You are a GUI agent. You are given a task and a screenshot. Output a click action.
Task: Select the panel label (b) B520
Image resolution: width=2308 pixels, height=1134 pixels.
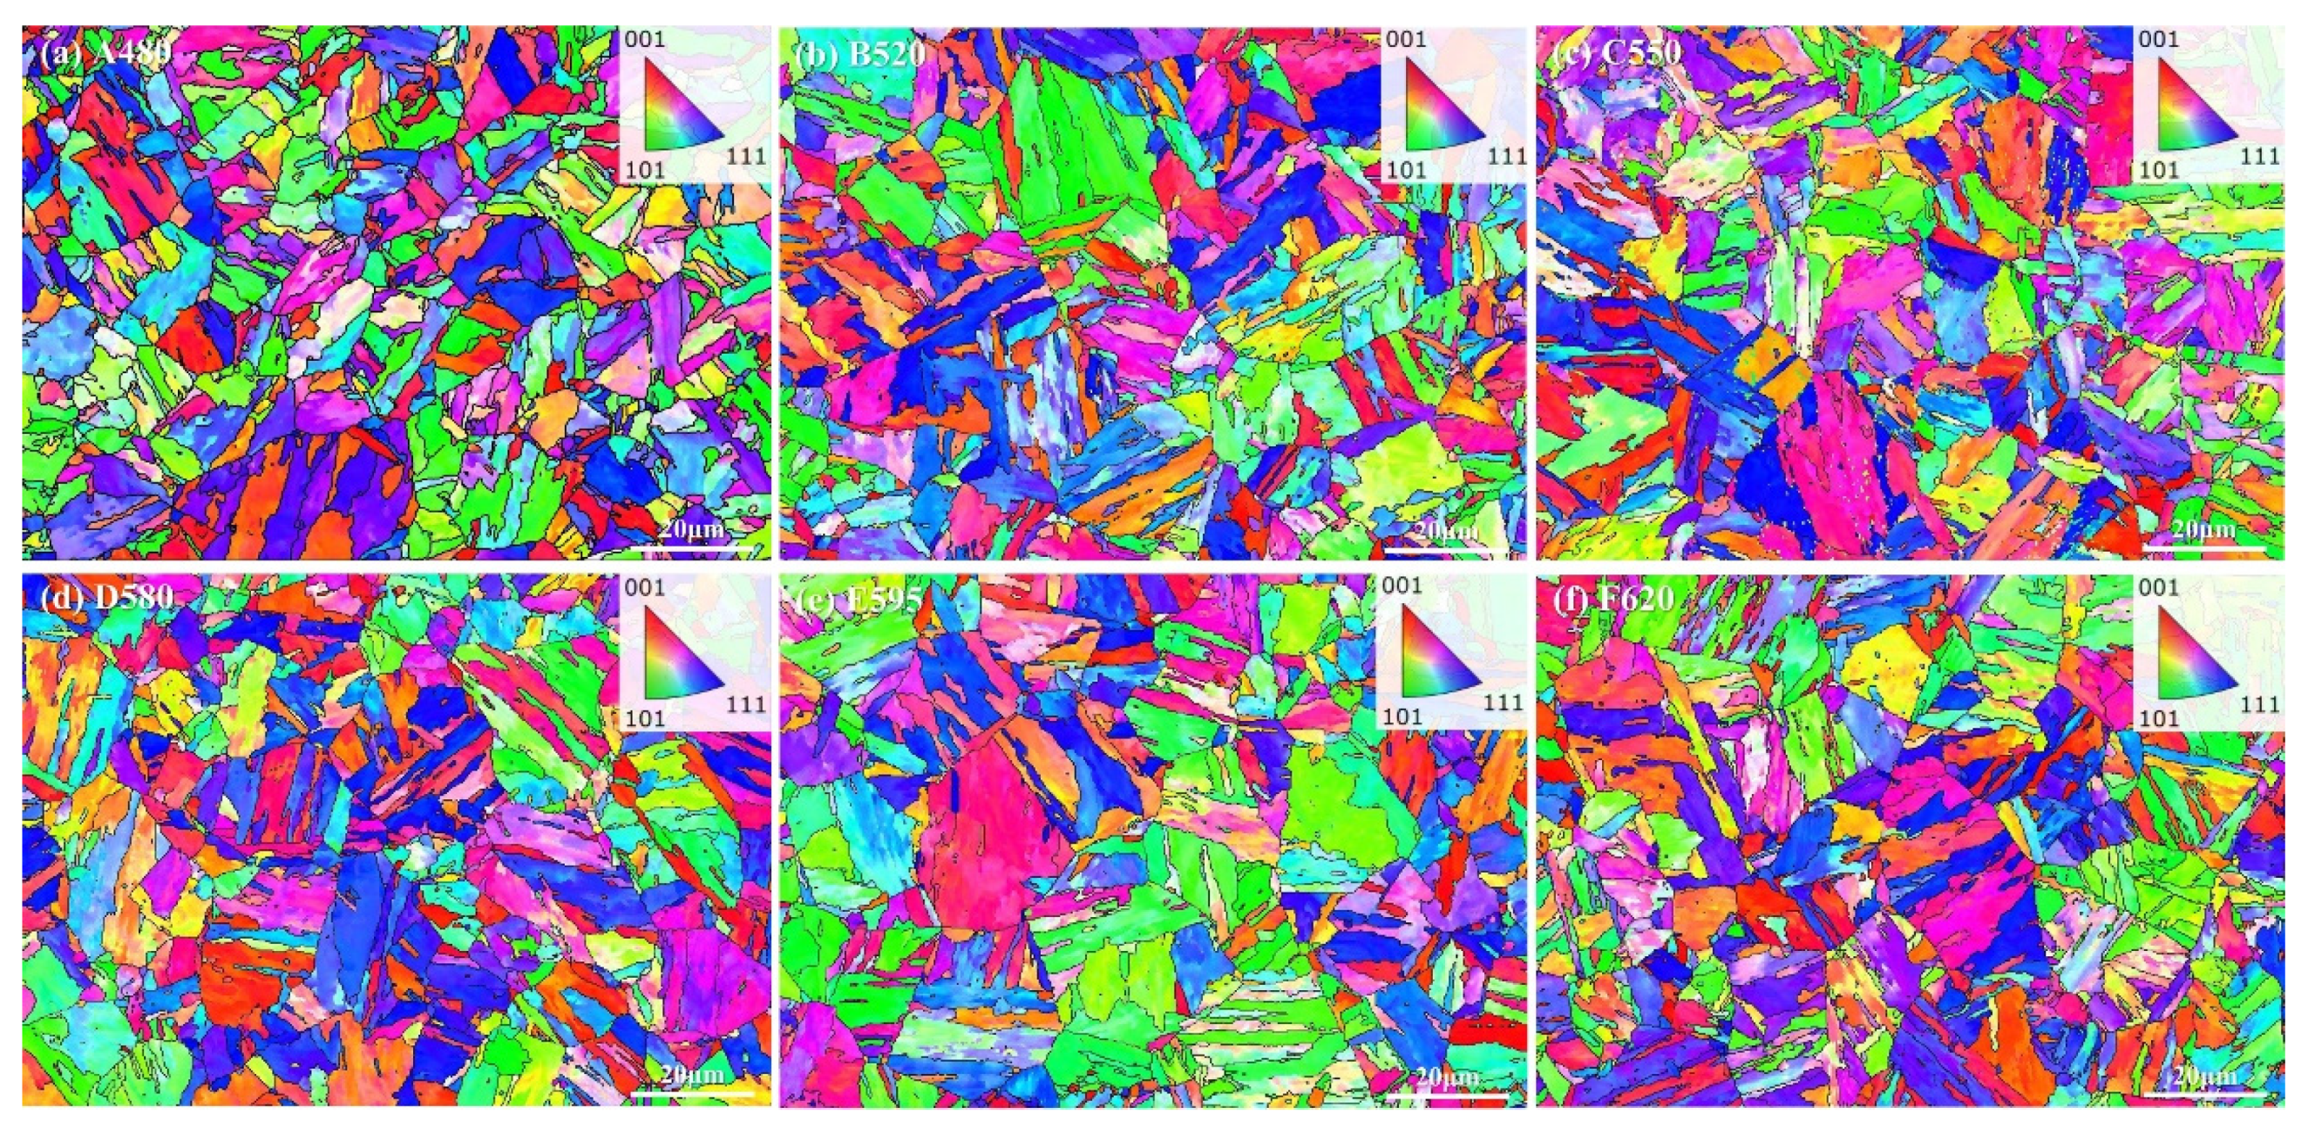859,54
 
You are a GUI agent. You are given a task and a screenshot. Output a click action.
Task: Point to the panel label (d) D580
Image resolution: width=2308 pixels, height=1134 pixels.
106,597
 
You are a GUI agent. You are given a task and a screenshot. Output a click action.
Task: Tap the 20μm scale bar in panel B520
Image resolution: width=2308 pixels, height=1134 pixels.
1446,543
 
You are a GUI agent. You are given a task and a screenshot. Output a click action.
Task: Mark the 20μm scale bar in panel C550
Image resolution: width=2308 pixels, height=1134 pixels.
2203,543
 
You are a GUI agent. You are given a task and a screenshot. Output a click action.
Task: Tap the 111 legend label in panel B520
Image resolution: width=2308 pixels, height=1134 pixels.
1507,157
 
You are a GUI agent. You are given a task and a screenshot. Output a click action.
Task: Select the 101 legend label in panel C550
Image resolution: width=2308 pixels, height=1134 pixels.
2157,169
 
